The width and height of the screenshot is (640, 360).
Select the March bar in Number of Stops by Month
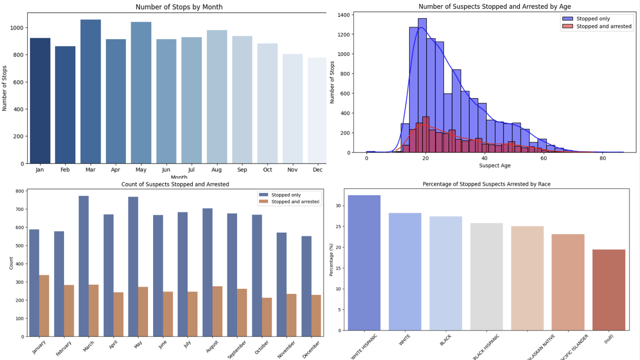click(90, 92)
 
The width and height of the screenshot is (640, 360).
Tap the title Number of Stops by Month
click(179, 7)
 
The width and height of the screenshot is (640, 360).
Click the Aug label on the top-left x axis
click(217, 170)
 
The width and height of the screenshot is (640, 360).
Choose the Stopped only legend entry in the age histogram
click(593, 19)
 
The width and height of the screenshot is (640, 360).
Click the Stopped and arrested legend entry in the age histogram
click(604, 26)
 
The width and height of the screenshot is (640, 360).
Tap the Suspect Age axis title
click(495, 165)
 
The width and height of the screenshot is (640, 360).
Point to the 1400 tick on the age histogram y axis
click(343, 15)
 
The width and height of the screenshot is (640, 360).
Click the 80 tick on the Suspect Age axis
click(603, 158)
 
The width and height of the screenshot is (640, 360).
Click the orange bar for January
click(44, 306)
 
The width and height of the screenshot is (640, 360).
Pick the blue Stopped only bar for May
click(133, 267)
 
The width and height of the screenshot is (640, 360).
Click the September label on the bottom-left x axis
click(237, 349)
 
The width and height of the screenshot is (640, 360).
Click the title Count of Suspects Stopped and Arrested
click(175, 184)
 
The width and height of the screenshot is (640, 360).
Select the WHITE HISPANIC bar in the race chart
click(364, 263)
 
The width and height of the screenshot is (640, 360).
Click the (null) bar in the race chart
click(608, 290)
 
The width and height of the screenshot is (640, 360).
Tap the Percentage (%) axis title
click(331, 260)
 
